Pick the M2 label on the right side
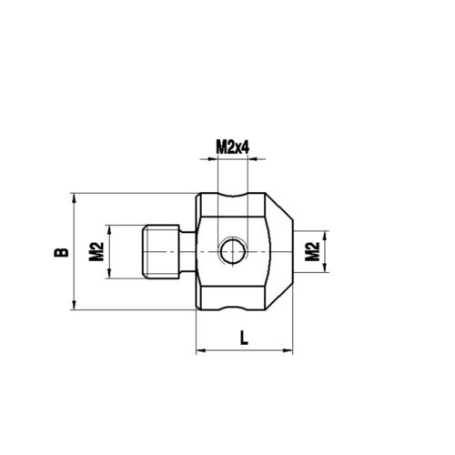(312, 252)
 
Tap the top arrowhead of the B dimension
(71, 197)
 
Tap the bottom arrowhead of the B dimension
(71, 307)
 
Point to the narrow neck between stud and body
(187, 252)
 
